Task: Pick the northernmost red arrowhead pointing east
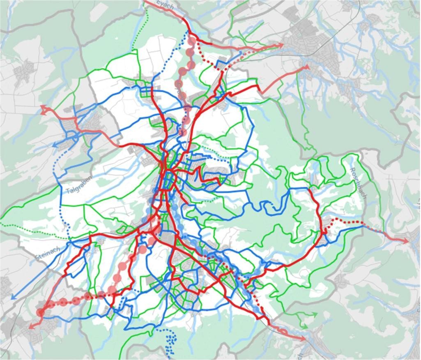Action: pos(281,45)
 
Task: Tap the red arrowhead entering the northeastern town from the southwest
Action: pos(306,67)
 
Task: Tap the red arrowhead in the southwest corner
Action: pos(30,327)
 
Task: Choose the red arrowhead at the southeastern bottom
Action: pos(303,339)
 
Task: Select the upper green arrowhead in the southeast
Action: pos(316,314)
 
